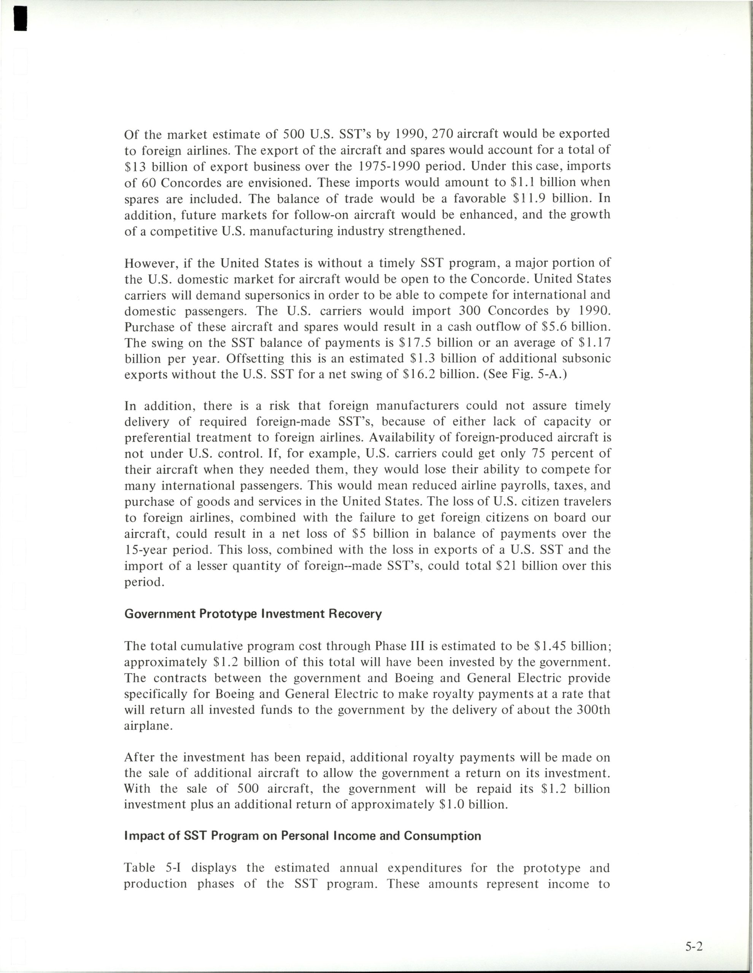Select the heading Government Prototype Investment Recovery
[253, 614]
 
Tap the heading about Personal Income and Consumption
[303, 835]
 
